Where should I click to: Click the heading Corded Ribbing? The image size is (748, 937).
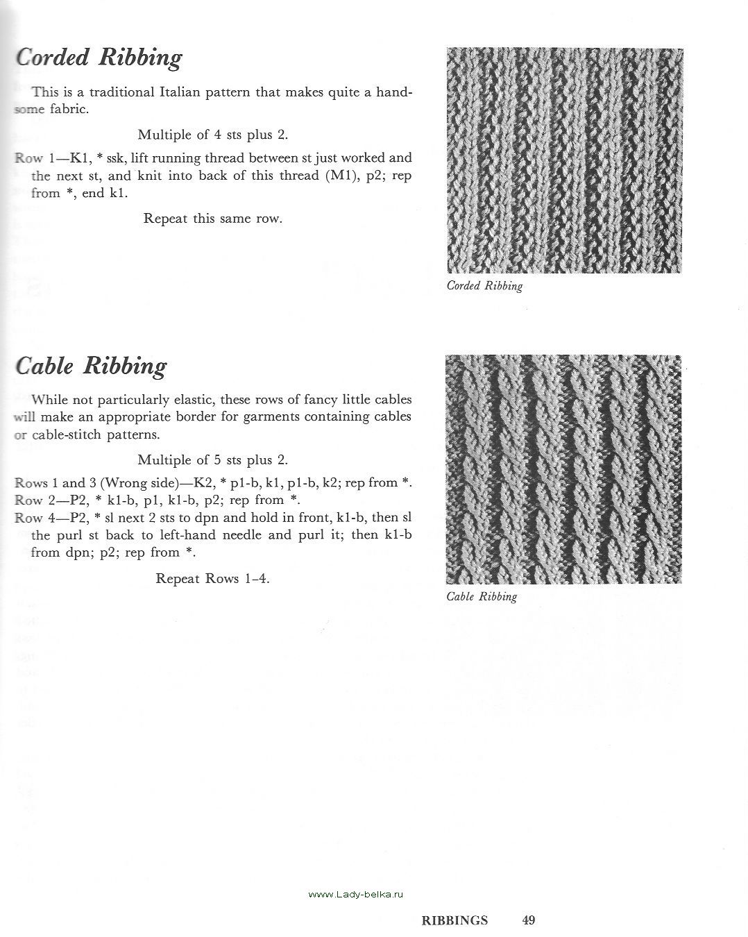(x=99, y=58)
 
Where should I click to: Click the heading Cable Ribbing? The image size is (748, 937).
(x=91, y=366)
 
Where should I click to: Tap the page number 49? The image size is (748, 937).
(x=529, y=921)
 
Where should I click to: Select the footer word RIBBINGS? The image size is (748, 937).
(x=454, y=921)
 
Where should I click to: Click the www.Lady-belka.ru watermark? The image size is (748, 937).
(x=355, y=895)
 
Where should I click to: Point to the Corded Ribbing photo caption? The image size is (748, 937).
(x=484, y=286)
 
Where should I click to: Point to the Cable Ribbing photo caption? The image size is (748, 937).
(x=482, y=596)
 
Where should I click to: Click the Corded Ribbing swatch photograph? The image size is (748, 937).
(x=565, y=160)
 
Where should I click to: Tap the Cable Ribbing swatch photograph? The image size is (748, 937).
(x=563, y=469)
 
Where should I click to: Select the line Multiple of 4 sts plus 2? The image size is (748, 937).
(x=213, y=135)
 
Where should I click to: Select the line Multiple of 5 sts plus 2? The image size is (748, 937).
(x=213, y=459)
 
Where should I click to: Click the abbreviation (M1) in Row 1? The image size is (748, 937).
(x=341, y=176)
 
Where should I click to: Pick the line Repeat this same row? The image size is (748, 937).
(x=213, y=219)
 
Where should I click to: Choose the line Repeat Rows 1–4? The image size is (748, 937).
(x=213, y=578)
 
